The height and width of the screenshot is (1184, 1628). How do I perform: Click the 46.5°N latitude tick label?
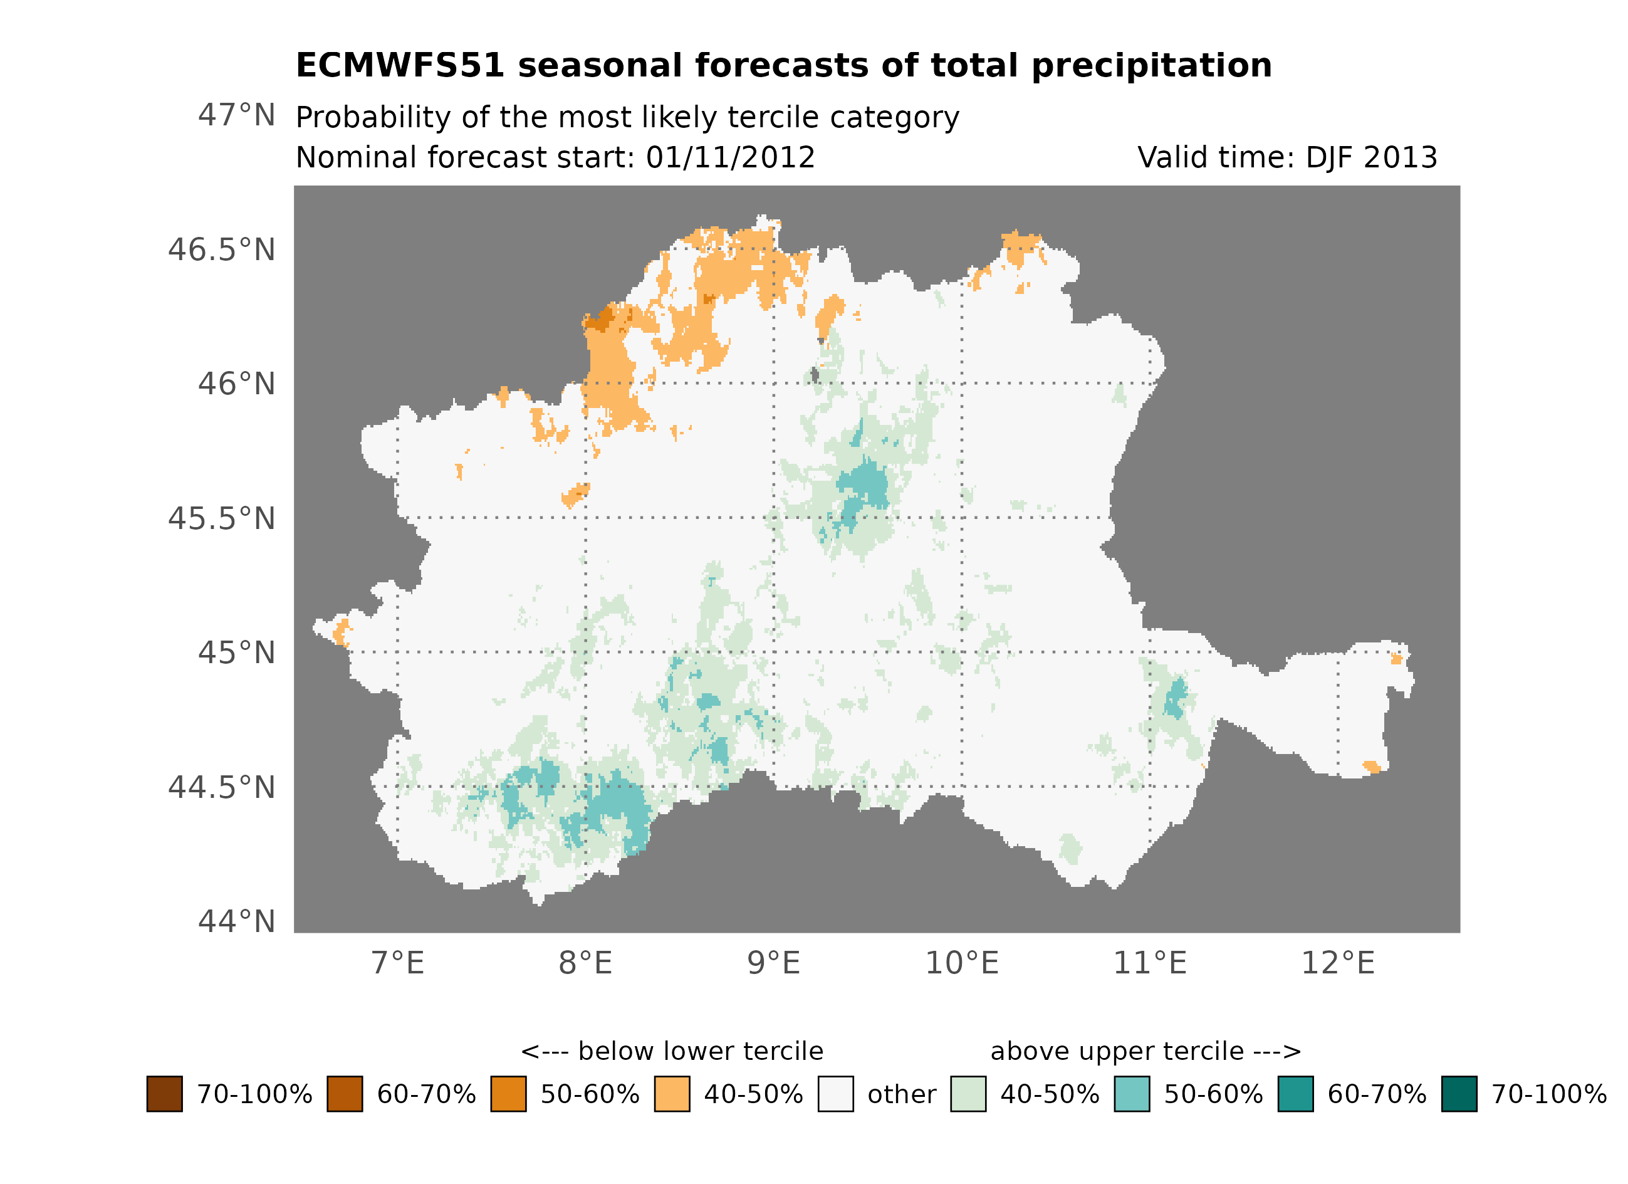(221, 251)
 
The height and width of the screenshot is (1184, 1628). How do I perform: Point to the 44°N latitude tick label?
(236, 922)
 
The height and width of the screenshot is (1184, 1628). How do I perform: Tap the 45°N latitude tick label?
(236, 653)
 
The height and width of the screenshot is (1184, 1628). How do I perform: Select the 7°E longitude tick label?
(398, 963)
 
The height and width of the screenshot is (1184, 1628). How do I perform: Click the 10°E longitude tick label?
(961, 963)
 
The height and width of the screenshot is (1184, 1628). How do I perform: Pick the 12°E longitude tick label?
(1337, 963)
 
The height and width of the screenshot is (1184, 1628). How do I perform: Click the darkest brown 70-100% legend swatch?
(164, 1094)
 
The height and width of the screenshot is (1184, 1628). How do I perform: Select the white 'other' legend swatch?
(835, 1094)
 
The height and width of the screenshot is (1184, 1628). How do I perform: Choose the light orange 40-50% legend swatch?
(672, 1094)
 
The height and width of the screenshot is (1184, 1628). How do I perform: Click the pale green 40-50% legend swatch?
(968, 1094)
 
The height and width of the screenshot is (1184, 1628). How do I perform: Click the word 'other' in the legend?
(902, 1095)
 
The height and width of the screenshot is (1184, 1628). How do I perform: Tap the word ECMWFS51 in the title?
(400, 66)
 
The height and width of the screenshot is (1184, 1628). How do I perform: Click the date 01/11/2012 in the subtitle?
(730, 158)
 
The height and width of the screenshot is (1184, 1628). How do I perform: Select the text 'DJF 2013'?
(1371, 158)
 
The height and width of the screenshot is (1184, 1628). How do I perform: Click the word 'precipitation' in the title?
(1151, 66)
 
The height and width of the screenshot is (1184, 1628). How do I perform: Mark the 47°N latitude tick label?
(236, 115)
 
